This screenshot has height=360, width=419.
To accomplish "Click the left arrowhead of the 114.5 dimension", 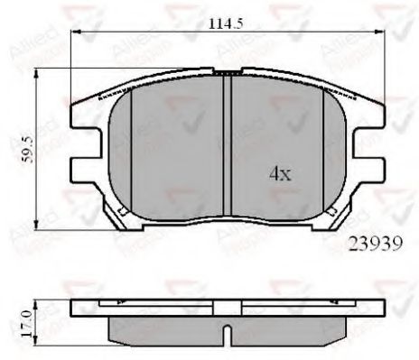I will point(76,33).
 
